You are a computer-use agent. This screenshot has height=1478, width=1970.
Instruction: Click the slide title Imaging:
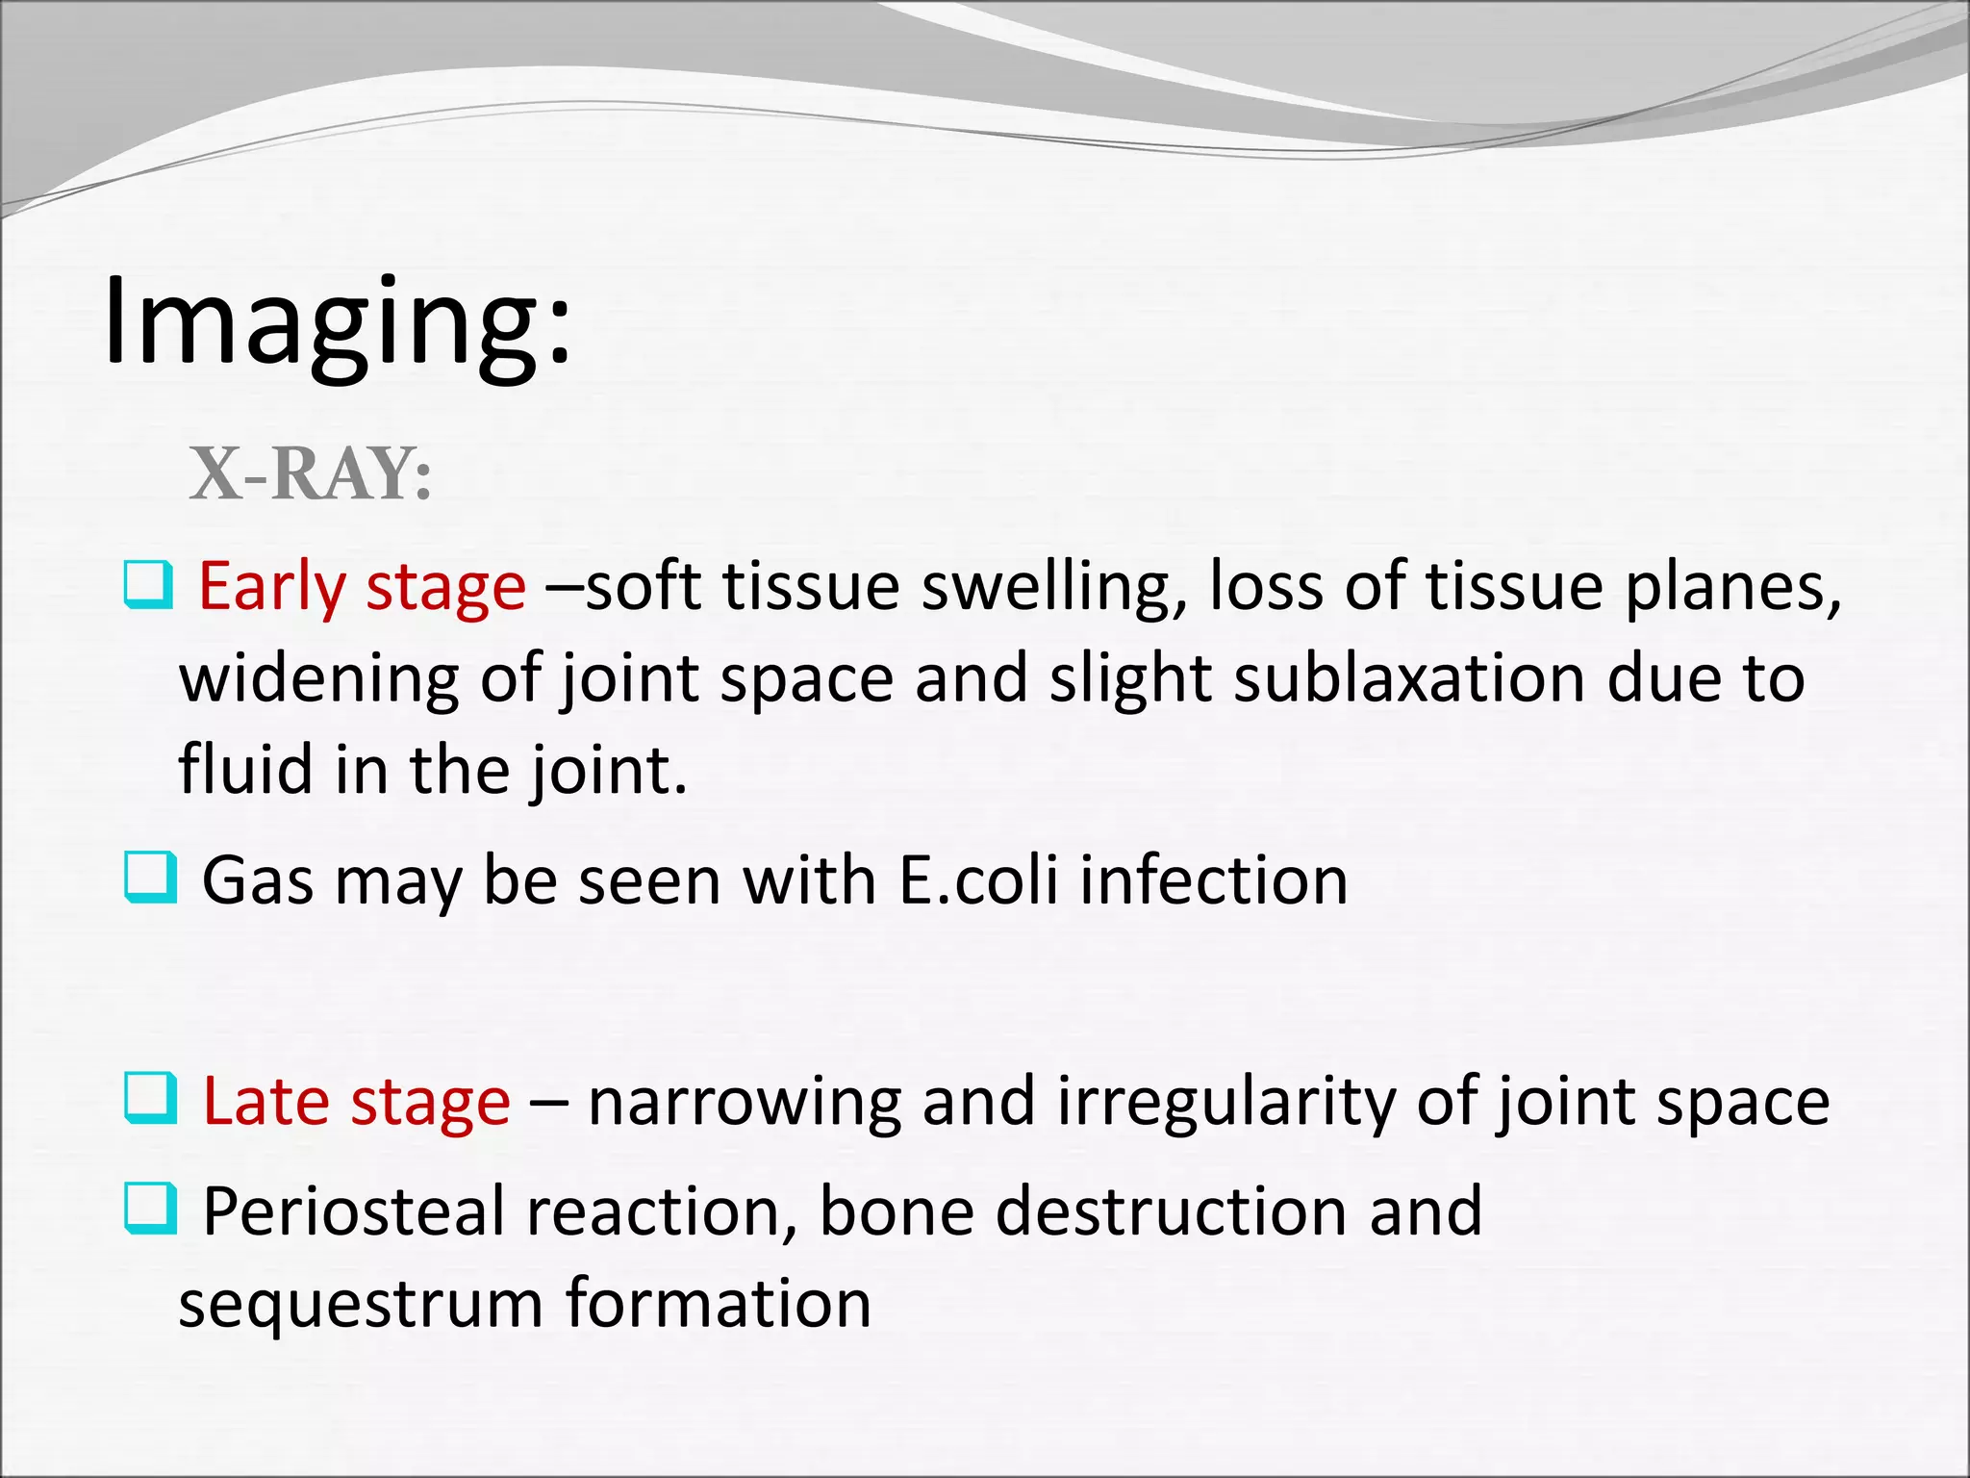pyautogui.click(x=337, y=322)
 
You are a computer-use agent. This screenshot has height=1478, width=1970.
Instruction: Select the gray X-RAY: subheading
pyautogui.click(x=310, y=474)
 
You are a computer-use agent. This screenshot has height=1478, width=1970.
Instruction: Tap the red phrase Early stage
pyautogui.click(x=362, y=587)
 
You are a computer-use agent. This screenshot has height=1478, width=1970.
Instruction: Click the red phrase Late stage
pyautogui.click(x=356, y=1102)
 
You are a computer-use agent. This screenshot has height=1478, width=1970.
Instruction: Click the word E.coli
pyautogui.click(x=978, y=880)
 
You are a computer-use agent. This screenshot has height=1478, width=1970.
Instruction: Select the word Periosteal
pyautogui.click(x=353, y=1211)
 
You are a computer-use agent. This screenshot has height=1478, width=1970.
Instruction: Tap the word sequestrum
pyautogui.click(x=361, y=1304)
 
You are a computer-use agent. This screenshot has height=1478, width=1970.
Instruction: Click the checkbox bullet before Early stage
pyautogui.click(x=148, y=586)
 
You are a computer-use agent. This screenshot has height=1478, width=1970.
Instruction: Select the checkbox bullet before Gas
pyautogui.click(x=151, y=878)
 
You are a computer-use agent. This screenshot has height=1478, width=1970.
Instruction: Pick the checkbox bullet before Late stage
pyautogui.click(x=151, y=1099)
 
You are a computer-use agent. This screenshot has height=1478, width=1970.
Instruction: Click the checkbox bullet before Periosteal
pyautogui.click(x=151, y=1209)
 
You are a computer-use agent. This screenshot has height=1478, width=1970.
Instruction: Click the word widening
pyautogui.click(x=318, y=678)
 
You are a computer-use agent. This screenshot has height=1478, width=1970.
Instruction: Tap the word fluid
pyautogui.click(x=245, y=770)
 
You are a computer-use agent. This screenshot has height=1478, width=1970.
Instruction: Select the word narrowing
pyautogui.click(x=744, y=1102)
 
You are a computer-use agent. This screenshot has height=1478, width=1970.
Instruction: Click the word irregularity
pyautogui.click(x=1225, y=1102)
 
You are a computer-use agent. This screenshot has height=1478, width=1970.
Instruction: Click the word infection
pyautogui.click(x=1213, y=880)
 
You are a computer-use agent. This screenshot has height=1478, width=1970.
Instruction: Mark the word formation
pyautogui.click(x=718, y=1304)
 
